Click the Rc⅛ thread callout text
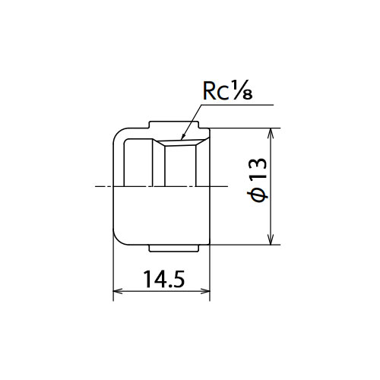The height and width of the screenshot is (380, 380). [x=227, y=90]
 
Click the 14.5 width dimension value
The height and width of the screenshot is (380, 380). [x=164, y=279]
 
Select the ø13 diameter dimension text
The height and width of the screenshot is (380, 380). [x=258, y=179]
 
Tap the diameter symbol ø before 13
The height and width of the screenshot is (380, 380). [x=258, y=196]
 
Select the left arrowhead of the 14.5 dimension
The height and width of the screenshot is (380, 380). [x=118, y=291]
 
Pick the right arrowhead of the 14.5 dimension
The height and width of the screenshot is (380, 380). [x=205, y=291]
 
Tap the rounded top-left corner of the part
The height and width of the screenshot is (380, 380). [x=117, y=133]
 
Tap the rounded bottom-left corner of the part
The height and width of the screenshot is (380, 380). [x=117, y=240]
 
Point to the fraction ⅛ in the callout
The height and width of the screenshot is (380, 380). [x=242, y=90]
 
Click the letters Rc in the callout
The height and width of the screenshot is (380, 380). [x=215, y=91]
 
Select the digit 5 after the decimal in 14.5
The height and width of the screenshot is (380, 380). [x=179, y=279]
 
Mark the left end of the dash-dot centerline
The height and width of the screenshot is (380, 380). [x=95, y=187]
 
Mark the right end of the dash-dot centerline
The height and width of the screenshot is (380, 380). [x=228, y=187]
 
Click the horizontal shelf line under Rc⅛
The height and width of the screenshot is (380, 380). [x=237, y=104]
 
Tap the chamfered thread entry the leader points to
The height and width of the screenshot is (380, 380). [x=181, y=143]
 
